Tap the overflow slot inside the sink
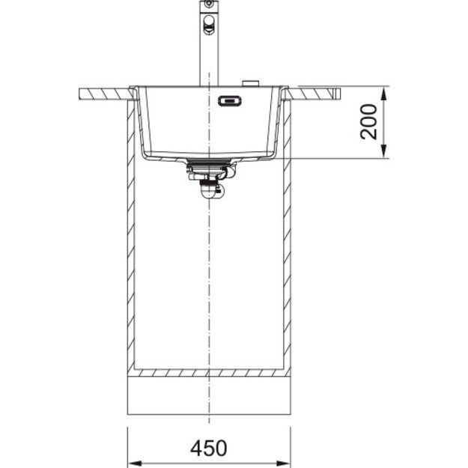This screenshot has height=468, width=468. (228, 100)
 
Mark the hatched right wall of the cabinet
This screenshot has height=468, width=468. (286, 247)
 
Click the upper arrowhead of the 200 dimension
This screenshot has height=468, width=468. (383, 94)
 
